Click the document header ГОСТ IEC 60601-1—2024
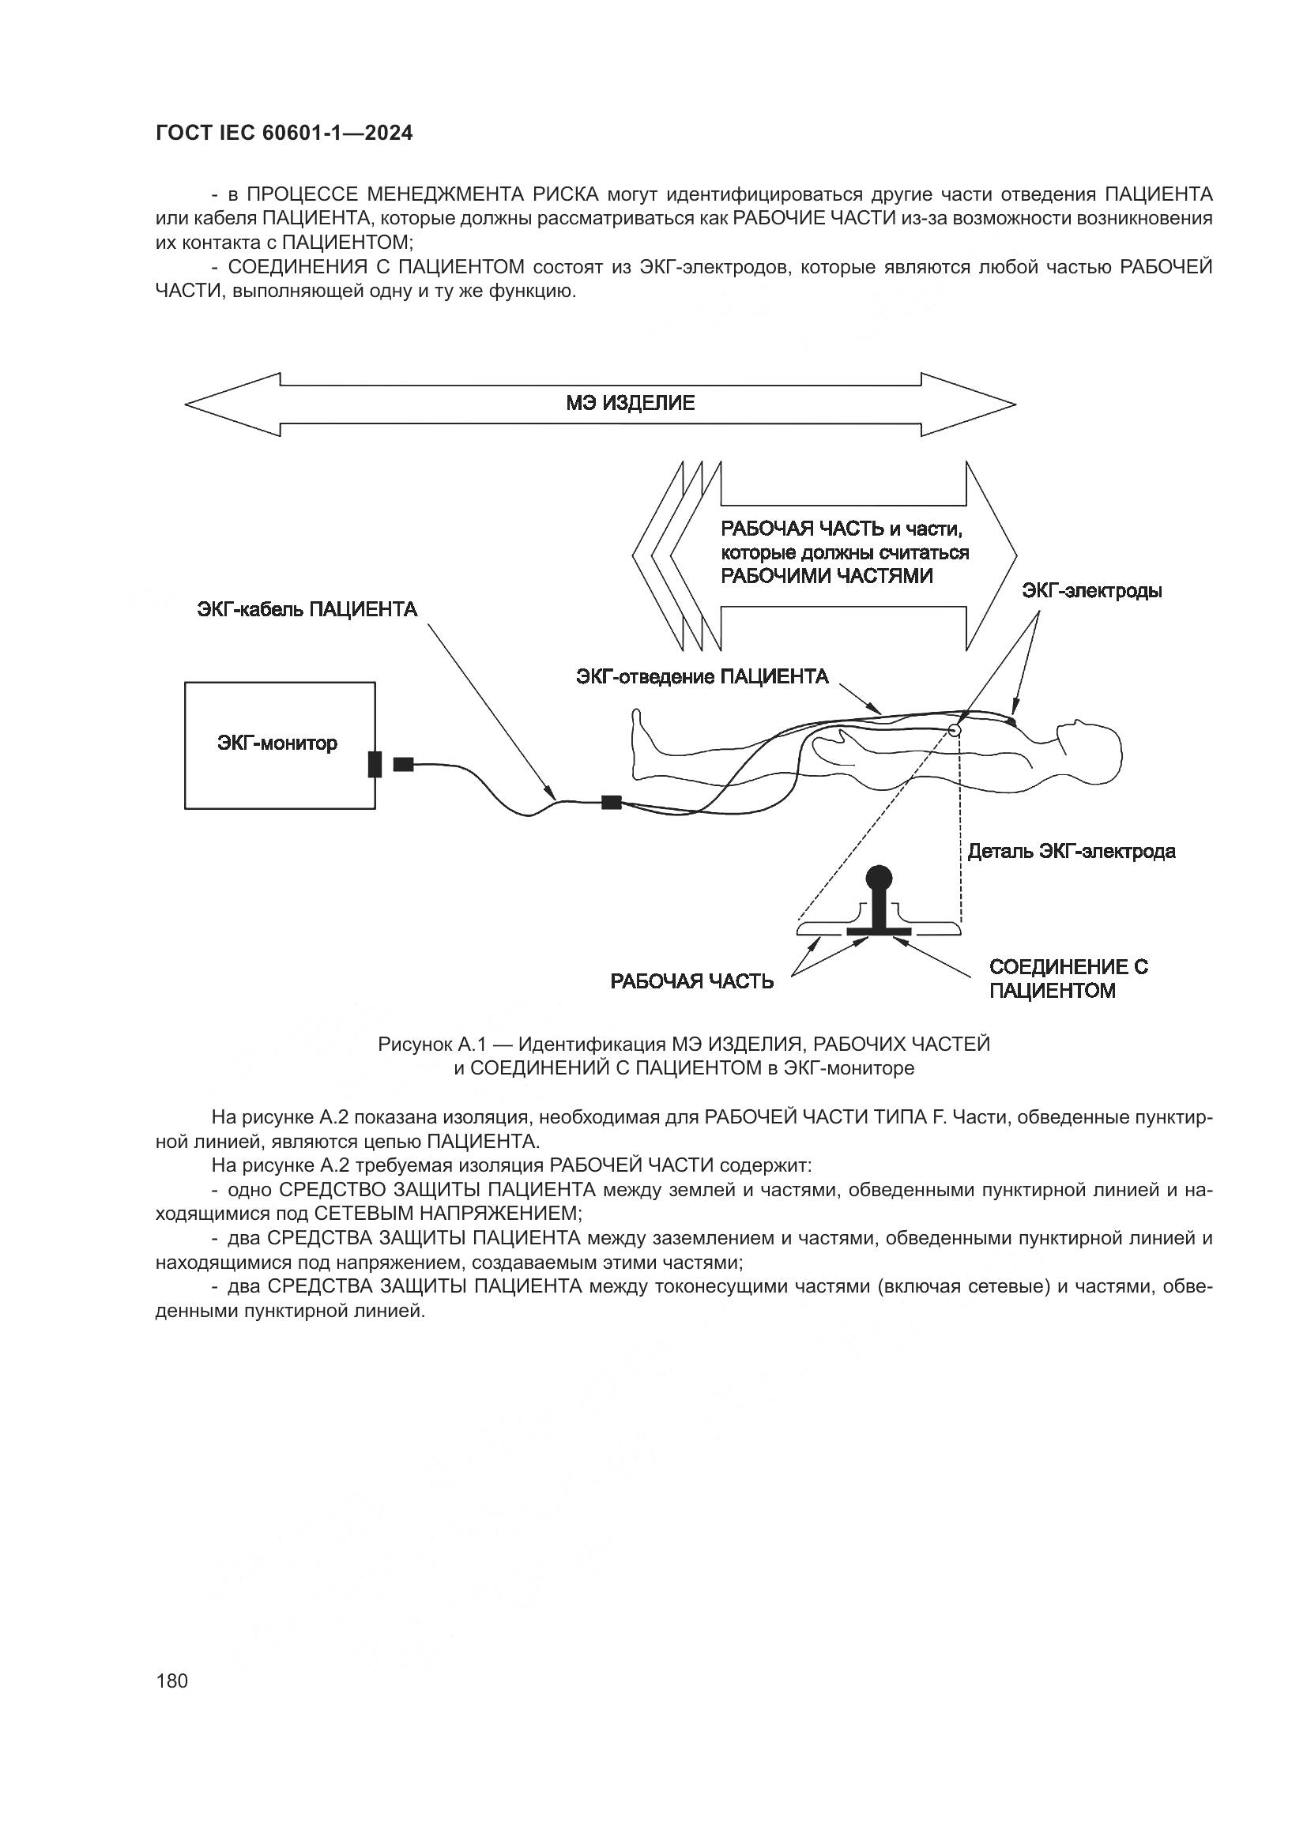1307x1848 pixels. (284, 134)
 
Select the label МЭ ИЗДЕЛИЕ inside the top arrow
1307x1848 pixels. (630, 403)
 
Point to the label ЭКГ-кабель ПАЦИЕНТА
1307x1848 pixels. (307, 609)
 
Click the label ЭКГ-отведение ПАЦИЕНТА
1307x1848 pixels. (702, 676)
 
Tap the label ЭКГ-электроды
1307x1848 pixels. (1091, 591)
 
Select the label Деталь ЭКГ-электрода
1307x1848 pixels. (1072, 851)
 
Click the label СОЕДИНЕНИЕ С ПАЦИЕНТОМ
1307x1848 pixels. (1068, 978)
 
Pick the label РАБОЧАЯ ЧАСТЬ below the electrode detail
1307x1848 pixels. (692, 981)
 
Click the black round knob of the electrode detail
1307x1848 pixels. (878, 875)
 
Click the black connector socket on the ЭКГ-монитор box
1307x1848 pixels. (375, 764)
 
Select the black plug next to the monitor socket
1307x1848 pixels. (403, 764)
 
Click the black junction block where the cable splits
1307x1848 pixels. (612, 802)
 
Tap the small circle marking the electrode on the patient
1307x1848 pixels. (955, 731)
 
